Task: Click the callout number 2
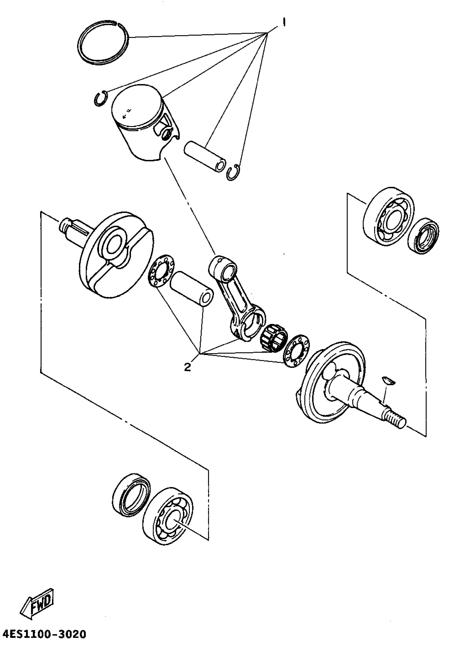pos(188,367)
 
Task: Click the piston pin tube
pos(204,156)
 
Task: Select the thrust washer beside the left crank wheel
pos(161,270)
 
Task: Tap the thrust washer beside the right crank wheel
pos(296,351)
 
